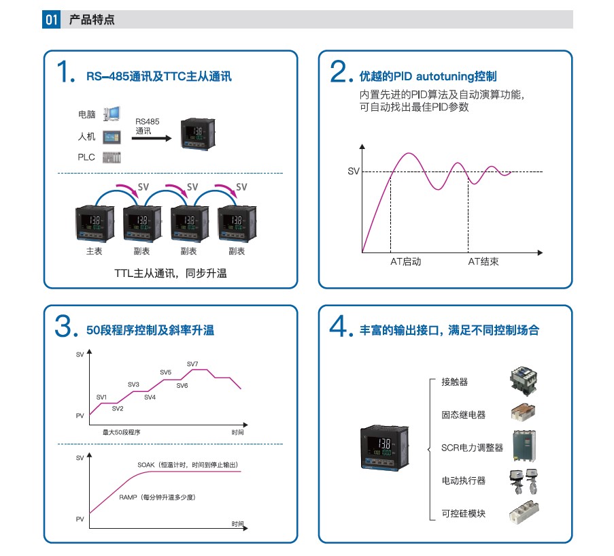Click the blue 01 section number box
pyautogui.click(x=51, y=19)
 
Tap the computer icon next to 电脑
pyautogui.click(x=112, y=114)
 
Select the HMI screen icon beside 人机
pyautogui.click(x=112, y=137)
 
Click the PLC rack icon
pyautogui.click(x=112, y=157)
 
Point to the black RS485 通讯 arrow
pyautogui.click(x=152, y=138)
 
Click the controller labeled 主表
pyautogui.click(x=95, y=223)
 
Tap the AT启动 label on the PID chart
pyautogui.click(x=406, y=262)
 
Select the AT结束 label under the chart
pyautogui.click(x=483, y=262)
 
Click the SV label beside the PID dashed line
pyautogui.click(x=353, y=171)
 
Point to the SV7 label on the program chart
pyautogui.click(x=192, y=364)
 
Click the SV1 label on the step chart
pyautogui.click(x=101, y=397)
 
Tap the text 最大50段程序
pyautogui.click(x=122, y=432)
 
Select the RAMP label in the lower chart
pyautogui.click(x=128, y=497)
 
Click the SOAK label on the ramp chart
pyautogui.click(x=146, y=465)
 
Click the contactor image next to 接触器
pyautogui.click(x=524, y=379)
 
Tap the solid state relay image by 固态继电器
pyautogui.click(x=523, y=412)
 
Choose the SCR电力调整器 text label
pyautogui.click(x=472, y=448)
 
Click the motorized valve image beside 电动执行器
pyautogui.click(x=524, y=482)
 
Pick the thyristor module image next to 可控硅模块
pyautogui.click(x=524, y=512)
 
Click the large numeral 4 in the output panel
pyautogui.click(x=338, y=326)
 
